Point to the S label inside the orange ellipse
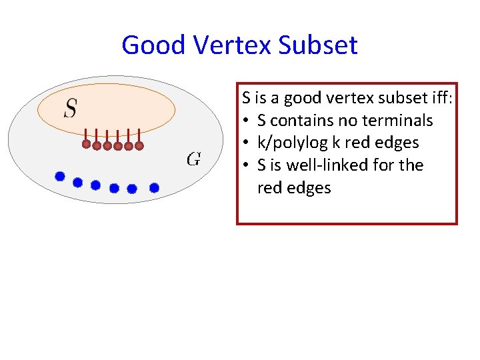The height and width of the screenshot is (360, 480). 70,107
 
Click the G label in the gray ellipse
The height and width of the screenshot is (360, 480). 193,159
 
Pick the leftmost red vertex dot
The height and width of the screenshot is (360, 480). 86,143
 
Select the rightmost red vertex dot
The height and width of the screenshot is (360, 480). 139,145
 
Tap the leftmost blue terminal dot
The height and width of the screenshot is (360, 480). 59,177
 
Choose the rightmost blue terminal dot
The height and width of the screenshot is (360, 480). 154,188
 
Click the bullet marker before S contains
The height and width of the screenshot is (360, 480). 246,121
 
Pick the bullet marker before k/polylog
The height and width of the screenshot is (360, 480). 246,143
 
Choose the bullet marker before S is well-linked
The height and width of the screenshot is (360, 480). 246,165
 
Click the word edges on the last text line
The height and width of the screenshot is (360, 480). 308,188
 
